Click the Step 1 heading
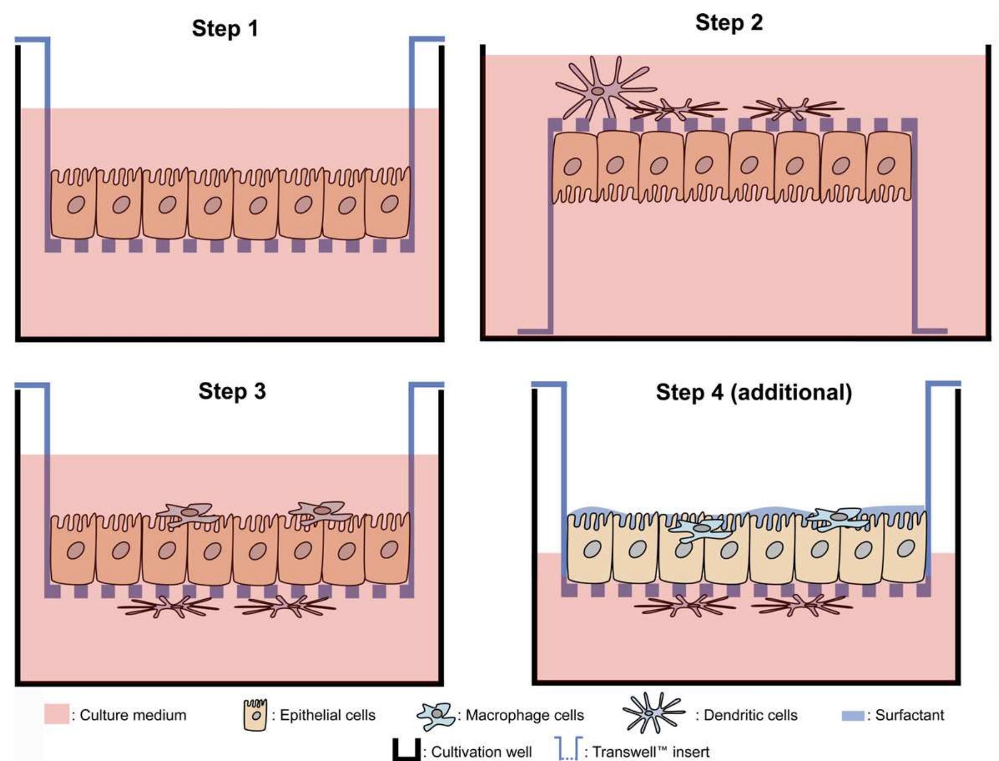(x=225, y=28)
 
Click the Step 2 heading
(x=728, y=23)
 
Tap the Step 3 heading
(x=232, y=391)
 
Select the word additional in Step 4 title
(x=791, y=392)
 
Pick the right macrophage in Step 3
(x=321, y=511)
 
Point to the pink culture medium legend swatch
(x=56, y=714)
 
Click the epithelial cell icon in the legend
(x=255, y=715)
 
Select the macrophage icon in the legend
(x=436, y=715)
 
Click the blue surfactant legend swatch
(x=853, y=715)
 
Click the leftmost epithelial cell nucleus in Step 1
(x=76, y=206)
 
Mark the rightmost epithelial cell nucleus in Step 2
(x=886, y=166)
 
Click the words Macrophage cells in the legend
(x=524, y=715)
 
